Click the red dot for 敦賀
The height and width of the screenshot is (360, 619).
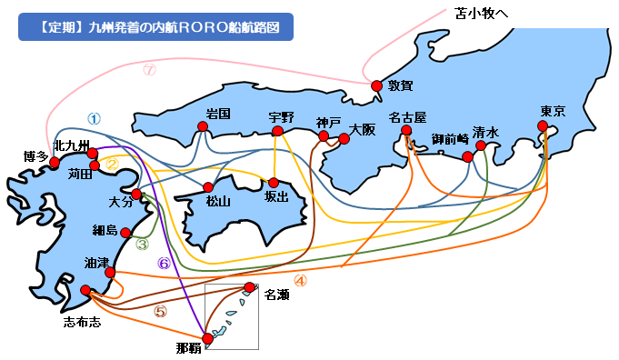(376, 85)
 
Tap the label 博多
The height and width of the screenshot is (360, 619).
(35, 156)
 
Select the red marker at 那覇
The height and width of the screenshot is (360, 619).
(207, 338)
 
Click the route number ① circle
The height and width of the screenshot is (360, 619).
(94, 118)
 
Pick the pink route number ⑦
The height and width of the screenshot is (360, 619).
(150, 69)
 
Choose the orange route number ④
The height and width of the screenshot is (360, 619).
(300, 281)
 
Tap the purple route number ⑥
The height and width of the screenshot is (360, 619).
(165, 264)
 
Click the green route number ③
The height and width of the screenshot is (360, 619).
(142, 244)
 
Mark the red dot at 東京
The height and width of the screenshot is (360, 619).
(547, 129)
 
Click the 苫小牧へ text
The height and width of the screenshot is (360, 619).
(481, 14)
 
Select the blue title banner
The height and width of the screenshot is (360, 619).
(155, 26)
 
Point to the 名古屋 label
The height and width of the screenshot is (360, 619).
(407, 117)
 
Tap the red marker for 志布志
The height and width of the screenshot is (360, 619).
(85, 291)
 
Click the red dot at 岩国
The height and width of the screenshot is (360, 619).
(204, 127)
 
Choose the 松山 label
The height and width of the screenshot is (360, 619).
(219, 202)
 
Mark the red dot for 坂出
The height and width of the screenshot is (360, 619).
(274, 181)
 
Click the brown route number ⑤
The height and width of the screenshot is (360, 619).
(160, 311)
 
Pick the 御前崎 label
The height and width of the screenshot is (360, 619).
(450, 139)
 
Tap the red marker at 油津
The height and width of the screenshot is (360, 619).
(110, 272)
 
